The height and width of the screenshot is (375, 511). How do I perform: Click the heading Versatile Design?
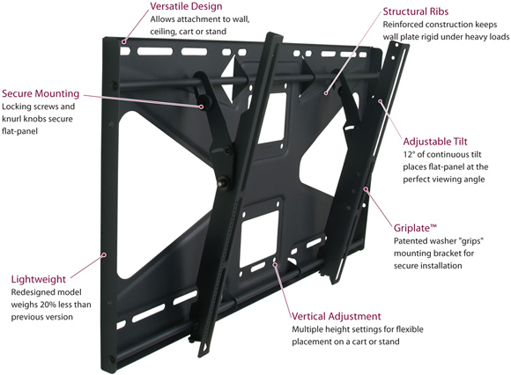coord(186,6)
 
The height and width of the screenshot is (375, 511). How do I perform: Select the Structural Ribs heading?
coord(416,11)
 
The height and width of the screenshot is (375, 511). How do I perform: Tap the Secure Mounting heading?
coord(41,93)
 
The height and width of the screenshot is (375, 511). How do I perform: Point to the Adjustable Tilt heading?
coord(435,142)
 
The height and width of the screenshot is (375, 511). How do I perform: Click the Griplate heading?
coord(415,228)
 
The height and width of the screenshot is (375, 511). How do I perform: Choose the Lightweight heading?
coord(39,279)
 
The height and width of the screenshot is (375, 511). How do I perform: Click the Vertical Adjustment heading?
coord(336,316)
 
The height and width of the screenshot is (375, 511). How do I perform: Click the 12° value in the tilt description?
coord(409,154)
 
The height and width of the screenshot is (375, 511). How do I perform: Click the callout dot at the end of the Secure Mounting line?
coord(202,107)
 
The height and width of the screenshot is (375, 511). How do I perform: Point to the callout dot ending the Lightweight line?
coord(104,254)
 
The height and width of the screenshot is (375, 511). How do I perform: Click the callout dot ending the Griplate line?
coord(366,188)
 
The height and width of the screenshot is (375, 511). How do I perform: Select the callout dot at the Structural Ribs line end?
coord(326,93)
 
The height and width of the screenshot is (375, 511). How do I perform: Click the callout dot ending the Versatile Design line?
coord(124,41)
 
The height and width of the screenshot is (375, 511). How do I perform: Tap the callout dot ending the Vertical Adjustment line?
coord(276,265)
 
